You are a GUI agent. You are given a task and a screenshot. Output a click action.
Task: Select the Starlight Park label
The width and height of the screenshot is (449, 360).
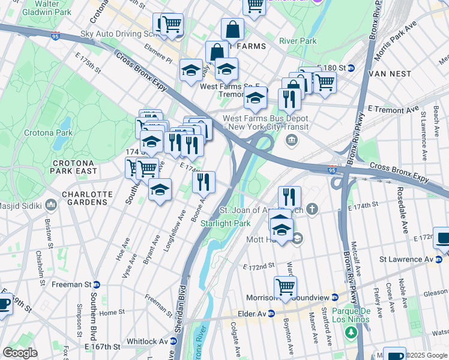pos(225,223)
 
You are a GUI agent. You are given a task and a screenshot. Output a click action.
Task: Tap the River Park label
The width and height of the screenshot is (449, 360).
pos(298,41)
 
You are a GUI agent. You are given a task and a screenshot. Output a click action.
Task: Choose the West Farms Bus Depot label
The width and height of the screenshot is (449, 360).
pos(266,123)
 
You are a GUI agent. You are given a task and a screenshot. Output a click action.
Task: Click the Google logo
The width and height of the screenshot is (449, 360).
pos(20,353)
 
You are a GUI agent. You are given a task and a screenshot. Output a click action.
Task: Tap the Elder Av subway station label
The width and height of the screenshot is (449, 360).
pos(251,313)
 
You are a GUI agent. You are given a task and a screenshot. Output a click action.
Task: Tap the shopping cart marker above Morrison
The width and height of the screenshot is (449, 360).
pos(285,287)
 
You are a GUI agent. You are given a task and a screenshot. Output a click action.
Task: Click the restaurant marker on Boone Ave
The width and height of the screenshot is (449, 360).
pos(204,182)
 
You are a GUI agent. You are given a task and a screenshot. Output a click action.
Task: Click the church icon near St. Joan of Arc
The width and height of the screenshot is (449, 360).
pos(311,209)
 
